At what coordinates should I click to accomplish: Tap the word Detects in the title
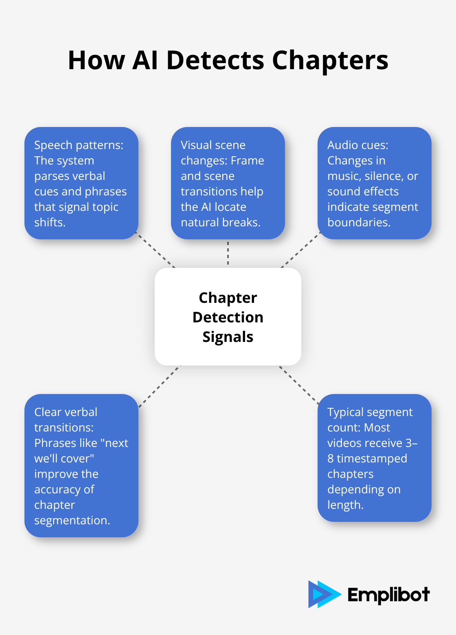point(215,61)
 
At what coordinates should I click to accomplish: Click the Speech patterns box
point(81,183)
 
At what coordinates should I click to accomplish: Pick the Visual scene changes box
point(228,183)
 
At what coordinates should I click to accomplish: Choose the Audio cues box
point(374,183)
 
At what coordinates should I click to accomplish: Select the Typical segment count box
point(374,458)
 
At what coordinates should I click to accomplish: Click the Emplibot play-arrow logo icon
point(323,594)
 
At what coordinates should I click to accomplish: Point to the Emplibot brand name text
point(388,595)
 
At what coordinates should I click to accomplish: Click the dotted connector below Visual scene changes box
point(228,253)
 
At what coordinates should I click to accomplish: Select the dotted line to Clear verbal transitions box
point(159,386)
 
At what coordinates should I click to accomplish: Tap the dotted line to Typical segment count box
point(299,385)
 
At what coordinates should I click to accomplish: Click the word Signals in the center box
point(228,337)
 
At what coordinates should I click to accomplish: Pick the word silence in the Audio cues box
point(382,176)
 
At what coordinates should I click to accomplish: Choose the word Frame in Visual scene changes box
point(247,161)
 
